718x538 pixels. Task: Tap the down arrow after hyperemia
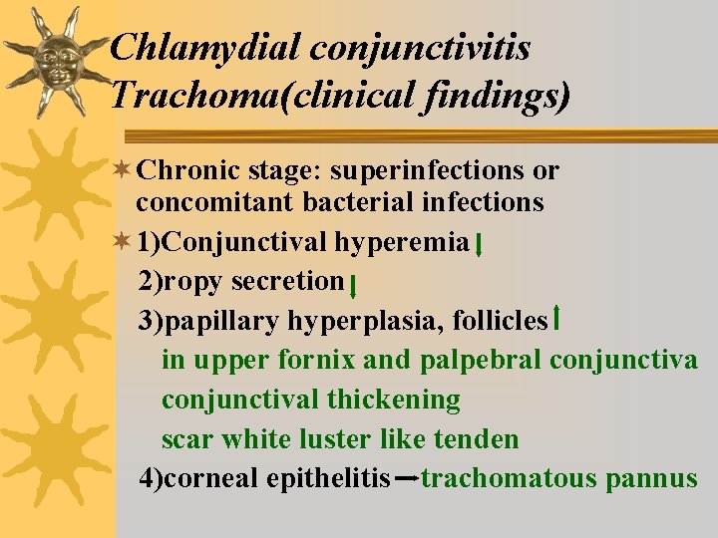pos(481,245)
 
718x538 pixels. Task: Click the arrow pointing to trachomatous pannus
pos(405,480)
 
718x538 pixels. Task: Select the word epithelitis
pos(328,479)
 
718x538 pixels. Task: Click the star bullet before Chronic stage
pos(122,170)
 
